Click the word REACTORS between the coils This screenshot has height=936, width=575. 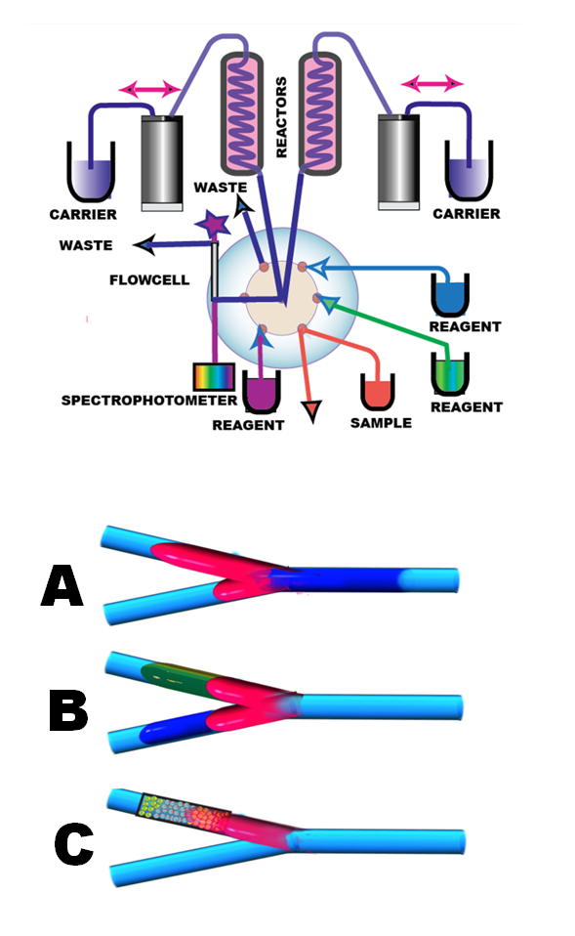(x=281, y=117)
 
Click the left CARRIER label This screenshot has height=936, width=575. (x=83, y=214)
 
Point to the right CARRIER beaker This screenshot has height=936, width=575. (x=469, y=171)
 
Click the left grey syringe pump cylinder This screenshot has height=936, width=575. (x=162, y=163)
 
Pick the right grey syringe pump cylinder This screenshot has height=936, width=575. (x=399, y=162)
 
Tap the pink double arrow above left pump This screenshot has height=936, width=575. (x=149, y=90)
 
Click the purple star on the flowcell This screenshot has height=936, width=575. (x=213, y=224)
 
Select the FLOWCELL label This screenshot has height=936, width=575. (x=149, y=279)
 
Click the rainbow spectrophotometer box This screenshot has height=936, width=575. (x=214, y=377)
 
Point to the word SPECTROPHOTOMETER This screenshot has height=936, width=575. (x=149, y=400)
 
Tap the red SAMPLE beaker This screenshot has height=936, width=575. (x=378, y=392)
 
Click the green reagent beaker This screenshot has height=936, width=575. (x=450, y=374)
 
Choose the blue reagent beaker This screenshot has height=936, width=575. (x=450, y=295)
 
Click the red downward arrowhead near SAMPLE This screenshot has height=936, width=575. (x=311, y=411)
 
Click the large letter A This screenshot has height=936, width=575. (x=62, y=585)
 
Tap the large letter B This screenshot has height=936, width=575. (x=68, y=710)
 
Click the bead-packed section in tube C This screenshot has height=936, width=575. (x=185, y=814)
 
